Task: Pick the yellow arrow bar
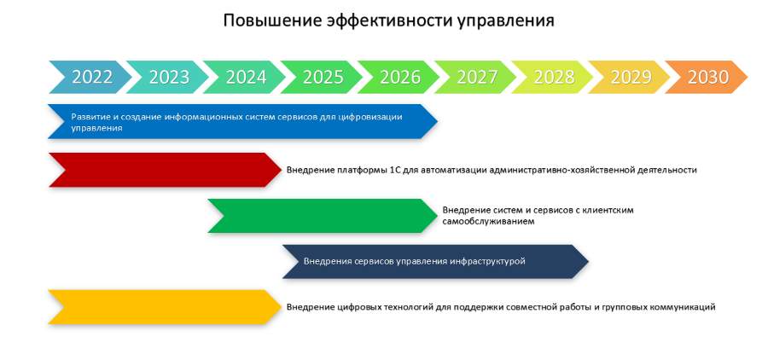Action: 165,306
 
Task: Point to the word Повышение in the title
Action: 272,20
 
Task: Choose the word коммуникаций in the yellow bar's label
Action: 683,307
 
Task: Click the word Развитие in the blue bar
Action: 88,117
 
